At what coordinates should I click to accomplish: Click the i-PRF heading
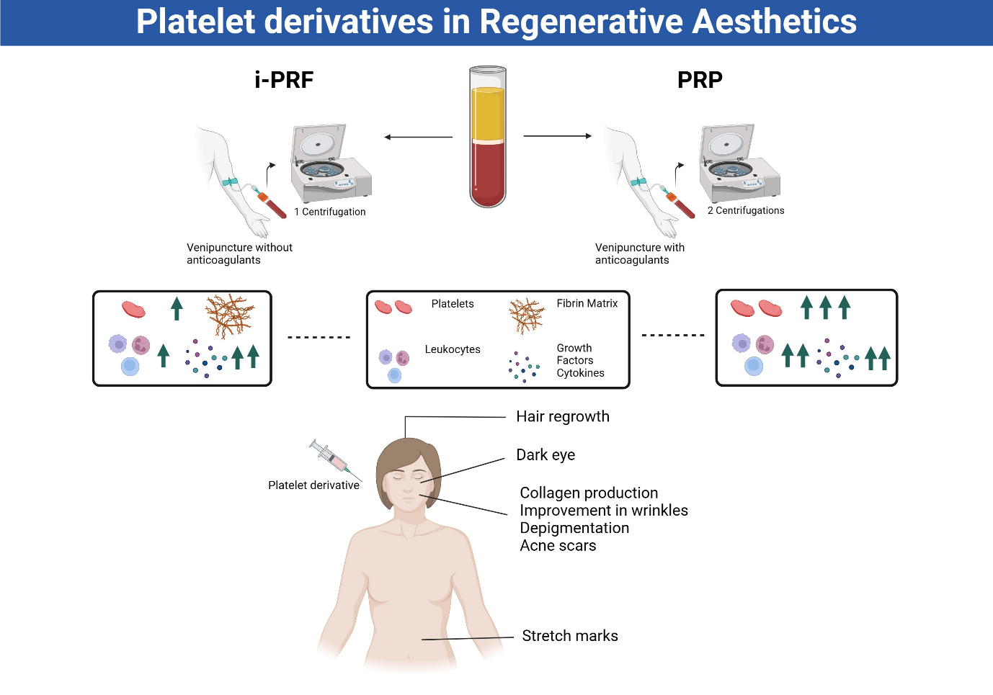tap(284, 80)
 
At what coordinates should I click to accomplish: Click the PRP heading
tap(700, 80)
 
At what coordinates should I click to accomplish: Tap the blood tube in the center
tap(488, 137)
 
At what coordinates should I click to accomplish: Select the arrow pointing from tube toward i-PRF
tap(418, 137)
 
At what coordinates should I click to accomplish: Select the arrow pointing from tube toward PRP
tap(557, 135)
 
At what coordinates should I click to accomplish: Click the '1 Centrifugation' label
tap(330, 212)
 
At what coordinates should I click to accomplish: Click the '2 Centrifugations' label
tap(746, 210)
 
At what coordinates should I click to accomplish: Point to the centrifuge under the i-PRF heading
tap(330, 164)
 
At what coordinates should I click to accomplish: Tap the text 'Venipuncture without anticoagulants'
tap(239, 254)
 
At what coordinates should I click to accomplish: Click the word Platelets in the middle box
tap(453, 304)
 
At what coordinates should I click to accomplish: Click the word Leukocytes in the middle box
tap(453, 349)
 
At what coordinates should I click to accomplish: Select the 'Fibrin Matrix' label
tap(587, 304)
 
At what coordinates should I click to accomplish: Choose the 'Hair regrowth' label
tap(563, 417)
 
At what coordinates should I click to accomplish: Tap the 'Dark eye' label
tap(546, 455)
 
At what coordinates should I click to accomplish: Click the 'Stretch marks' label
tap(570, 636)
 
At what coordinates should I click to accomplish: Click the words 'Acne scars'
tap(558, 546)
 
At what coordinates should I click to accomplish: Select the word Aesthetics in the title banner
tap(774, 22)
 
